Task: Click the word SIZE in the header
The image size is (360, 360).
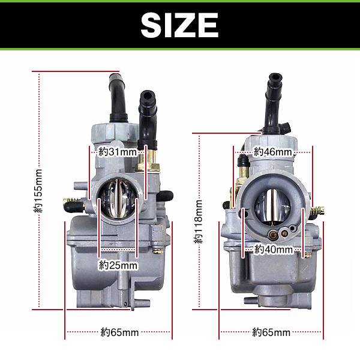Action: pos(179,25)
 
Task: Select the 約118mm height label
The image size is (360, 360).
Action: pos(198,221)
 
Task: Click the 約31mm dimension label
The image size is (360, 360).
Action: pos(118,152)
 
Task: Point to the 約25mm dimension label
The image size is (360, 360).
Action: pos(118,265)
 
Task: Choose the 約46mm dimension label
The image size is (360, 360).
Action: pos(273,152)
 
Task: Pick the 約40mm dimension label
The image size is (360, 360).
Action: pos(274,250)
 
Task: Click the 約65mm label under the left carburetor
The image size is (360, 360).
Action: pos(119,332)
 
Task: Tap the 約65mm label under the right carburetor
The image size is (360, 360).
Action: pos(271,332)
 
